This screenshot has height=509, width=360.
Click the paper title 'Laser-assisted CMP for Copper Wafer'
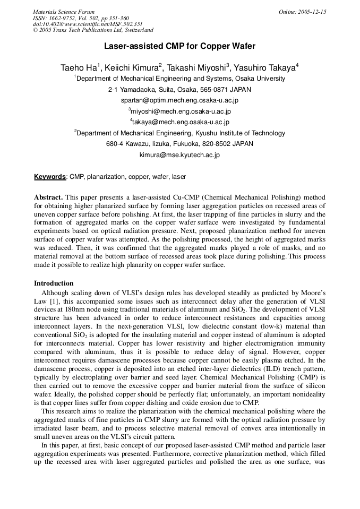click(179, 47)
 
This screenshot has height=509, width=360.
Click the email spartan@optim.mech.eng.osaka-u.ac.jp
click(179, 100)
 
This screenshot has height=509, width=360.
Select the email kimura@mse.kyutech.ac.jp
click(179, 156)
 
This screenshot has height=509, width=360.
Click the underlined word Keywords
click(50, 177)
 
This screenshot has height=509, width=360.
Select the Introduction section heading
click(54, 283)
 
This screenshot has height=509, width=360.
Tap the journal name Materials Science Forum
click(64, 12)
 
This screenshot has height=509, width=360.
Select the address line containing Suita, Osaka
click(179, 89)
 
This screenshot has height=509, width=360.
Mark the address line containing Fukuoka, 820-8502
click(179, 144)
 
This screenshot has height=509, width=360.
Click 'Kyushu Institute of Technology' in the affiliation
click(241, 133)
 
